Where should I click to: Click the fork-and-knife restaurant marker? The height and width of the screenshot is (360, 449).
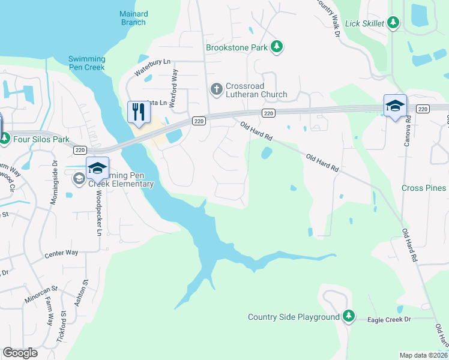pos(139,112)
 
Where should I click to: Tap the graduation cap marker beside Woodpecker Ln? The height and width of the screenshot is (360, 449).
pos(97,169)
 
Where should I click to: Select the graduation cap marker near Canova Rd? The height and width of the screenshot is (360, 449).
pos(395,106)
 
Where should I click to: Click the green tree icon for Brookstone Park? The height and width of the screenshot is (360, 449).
pos(276,46)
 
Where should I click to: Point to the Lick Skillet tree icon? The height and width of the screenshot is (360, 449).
pos(393,23)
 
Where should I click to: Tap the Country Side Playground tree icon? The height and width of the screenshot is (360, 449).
pos(348,316)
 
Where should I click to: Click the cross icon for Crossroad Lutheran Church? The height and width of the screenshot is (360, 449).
pos(216,89)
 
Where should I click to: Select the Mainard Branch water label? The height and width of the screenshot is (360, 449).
pos(133,18)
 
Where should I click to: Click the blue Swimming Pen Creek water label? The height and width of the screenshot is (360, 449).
pos(86,63)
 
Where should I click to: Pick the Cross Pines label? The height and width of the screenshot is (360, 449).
pos(424,188)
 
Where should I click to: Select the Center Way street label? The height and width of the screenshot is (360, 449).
pos(61,253)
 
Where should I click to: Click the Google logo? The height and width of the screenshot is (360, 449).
pos(20,352)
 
